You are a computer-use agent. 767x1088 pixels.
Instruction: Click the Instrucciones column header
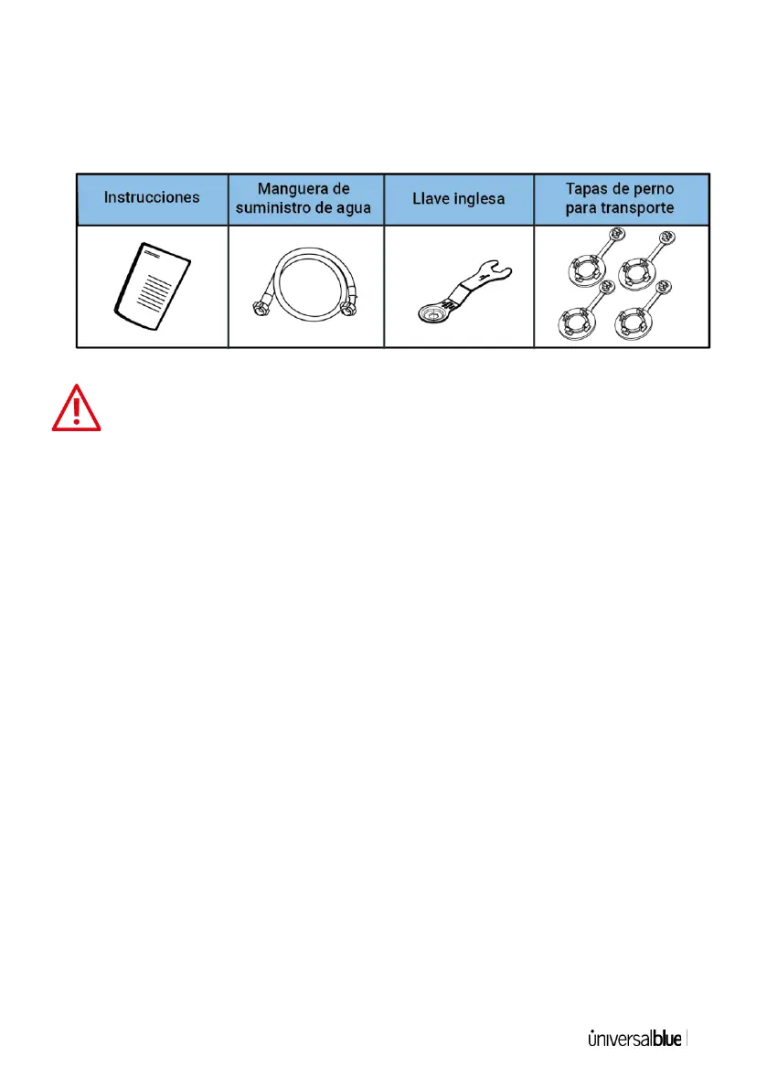point(151,197)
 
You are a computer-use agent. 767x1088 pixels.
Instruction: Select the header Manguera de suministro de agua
point(304,197)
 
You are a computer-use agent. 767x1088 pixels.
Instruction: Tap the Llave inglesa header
point(459,197)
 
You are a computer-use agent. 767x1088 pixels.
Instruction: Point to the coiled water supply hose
point(304,279)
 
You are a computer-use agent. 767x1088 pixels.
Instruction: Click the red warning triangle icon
point(77,408)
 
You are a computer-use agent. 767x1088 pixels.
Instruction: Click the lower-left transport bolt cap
point(573,320)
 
